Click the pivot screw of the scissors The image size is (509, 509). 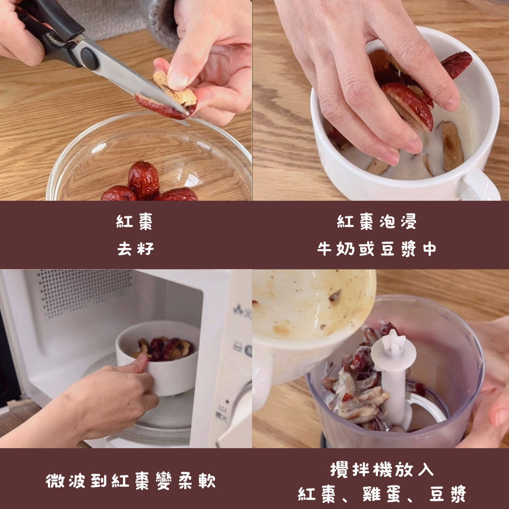[89, 58]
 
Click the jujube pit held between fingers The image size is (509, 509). [175, 89]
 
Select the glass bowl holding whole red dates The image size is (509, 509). [149, 156]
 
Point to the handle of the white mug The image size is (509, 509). [479, 185]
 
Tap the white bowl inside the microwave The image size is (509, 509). [158, 357]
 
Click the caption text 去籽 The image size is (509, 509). [135, 249]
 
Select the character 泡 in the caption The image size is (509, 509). [387, 222]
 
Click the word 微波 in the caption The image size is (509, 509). [65, 481]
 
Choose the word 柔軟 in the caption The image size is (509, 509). [197, 481]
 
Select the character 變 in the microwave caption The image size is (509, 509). [164, 481]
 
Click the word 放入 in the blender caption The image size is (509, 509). [415, 469]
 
